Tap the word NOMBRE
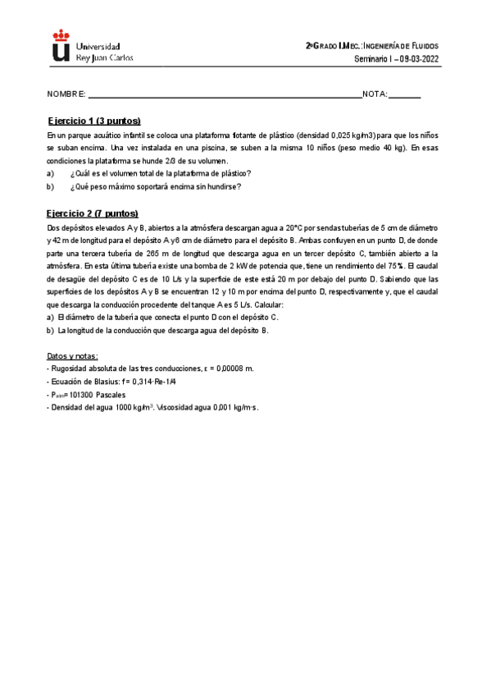click(66, 95)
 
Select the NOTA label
click(374, 95)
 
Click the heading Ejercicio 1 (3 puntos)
click(94, 121)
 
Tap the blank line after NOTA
click(404, 96)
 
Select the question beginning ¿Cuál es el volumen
click(161, 174)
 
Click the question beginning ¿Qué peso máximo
click(156, 187)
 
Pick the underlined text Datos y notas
click(73, 355)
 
